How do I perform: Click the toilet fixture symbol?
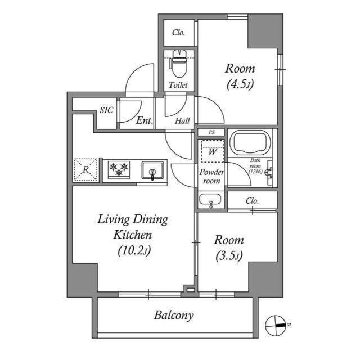click(x=178, y=63)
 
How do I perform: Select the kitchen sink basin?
click(x=152, y=170)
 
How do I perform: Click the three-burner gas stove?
click(x=119, y=170)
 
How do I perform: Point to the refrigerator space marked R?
click(x=85, y=170)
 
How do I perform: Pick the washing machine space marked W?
click(x=213, y=151)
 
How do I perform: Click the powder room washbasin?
click(x=210, y=199)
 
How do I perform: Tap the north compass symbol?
click(x=276, y=325)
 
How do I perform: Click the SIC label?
click(x=106, y=110)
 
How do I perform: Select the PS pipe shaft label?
click(x=211, y=132)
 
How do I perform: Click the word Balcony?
click(x=174, y=316)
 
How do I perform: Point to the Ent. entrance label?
click(x=145, y=120)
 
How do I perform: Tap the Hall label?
click(x=182, y=121)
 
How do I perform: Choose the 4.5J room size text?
click(x=240, y=85)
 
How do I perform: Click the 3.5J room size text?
click(x=229, y=256)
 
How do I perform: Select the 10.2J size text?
click(x=134, y=251)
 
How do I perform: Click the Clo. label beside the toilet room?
click(x=179, y=33)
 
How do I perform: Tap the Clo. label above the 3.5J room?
click(x=252, y=201)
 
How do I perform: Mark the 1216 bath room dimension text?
click(x=255, y=171)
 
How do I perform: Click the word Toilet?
click(x=178, y=85)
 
